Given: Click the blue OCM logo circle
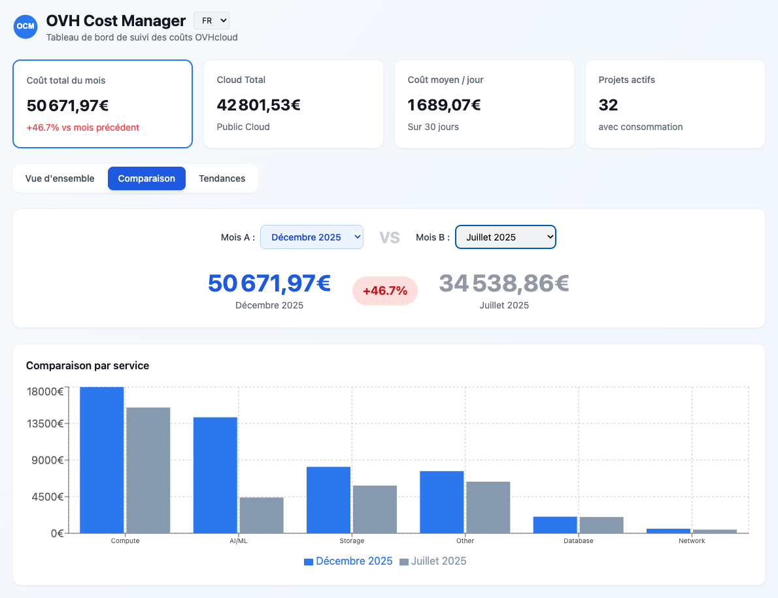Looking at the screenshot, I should coord(25,26).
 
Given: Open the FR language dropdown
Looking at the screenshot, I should coord(211,21).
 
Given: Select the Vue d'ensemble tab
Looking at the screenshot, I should coord(59,178).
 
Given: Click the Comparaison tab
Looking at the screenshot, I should coord(146,178).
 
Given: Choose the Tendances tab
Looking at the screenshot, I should coord(222,178).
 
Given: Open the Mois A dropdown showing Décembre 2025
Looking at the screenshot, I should coord(311,237).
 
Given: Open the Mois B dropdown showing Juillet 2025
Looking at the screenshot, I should coord(505,237).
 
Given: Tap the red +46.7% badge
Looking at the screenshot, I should coord(384,291).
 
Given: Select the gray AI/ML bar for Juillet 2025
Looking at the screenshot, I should coord(262,515).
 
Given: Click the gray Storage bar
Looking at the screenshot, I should coord(375,509).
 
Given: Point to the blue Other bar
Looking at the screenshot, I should coord(441,501).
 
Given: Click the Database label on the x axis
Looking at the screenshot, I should coord(578,541).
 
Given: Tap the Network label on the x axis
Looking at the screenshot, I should coord(692,541).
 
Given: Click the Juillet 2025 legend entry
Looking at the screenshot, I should coord(433,561).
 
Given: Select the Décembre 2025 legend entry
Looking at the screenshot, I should coord(348,561).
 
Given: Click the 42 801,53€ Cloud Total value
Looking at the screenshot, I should coord(259,105).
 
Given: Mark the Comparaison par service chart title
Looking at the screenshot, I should coord(88,365).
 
